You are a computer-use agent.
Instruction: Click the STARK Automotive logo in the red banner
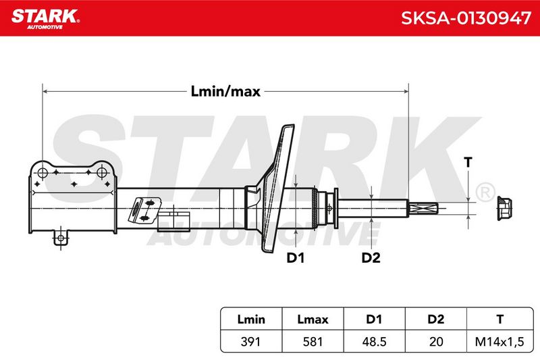pos(45,19)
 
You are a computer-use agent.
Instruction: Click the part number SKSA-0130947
pos(466,18)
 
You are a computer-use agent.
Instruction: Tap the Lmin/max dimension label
pos(225,92)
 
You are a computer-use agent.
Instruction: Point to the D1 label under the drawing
pos(296,258)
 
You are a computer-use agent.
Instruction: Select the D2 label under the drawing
pos(371,258)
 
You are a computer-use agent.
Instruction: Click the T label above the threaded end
pos(468,162)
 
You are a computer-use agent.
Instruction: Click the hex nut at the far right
pos(504,208)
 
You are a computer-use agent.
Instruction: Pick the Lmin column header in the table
pos(251,319)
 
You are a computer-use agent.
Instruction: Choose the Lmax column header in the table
pos(313,319)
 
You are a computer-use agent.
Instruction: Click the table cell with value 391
pos(250,341)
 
